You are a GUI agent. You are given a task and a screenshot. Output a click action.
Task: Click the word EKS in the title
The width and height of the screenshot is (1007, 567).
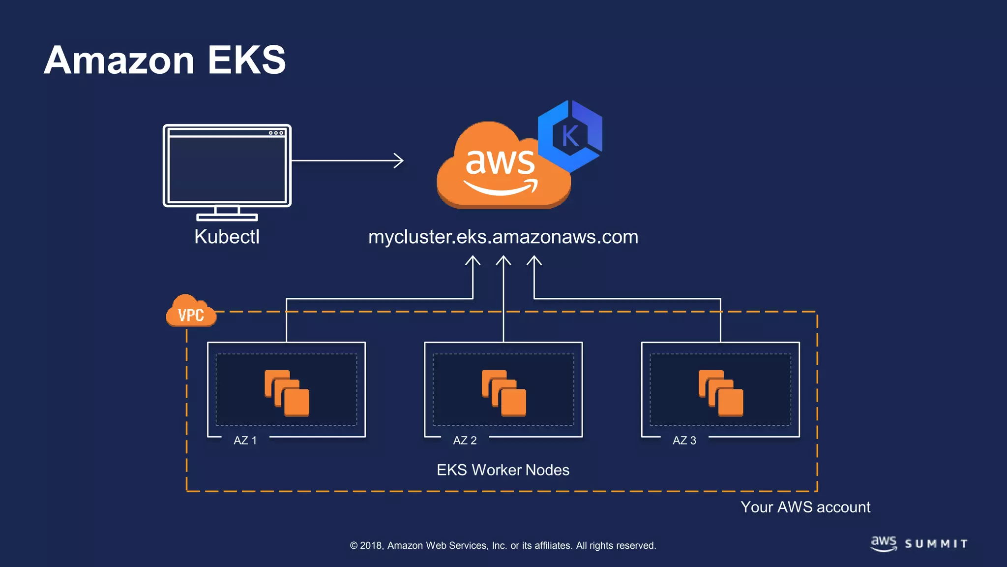[246, 60]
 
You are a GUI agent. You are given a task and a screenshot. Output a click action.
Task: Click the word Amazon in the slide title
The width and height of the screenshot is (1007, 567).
[119, 60]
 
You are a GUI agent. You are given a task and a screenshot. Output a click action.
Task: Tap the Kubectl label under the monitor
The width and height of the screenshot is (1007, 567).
[227, 237]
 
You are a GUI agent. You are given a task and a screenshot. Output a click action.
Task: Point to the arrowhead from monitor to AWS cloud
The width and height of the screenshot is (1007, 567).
[399, 160]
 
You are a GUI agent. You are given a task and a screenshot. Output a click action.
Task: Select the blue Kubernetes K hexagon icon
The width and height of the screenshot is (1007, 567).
[570, 135]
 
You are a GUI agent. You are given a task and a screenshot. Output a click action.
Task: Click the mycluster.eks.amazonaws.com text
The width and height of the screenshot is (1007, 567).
[503, 237]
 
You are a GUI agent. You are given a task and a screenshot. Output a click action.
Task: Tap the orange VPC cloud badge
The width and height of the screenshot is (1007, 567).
[191, 312]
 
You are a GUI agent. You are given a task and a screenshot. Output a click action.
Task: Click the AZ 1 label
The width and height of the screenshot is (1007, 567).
[245, 441]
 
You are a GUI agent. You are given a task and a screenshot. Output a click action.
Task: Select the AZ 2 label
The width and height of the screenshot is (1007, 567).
[465, 441]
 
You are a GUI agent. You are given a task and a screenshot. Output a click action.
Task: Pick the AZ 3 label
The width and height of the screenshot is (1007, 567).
[684, 441]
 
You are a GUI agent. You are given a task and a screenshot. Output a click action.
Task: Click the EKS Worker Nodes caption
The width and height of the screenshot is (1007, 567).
[503, 470]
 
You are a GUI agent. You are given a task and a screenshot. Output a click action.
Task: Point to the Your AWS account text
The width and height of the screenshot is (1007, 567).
[805, 507]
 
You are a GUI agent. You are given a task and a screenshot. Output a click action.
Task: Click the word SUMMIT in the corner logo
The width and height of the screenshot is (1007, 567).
[936, 544]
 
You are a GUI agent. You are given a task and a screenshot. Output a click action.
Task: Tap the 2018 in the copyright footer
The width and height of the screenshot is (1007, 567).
[371, 545]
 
